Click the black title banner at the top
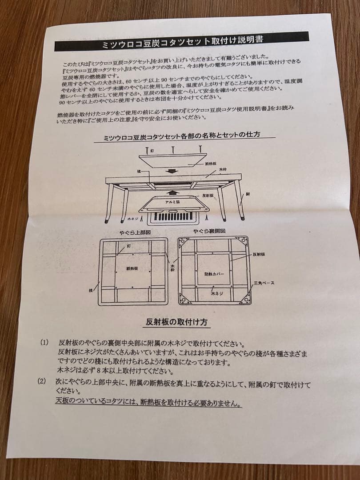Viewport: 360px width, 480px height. click(182, 42)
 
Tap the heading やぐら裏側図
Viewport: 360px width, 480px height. click(209, 231)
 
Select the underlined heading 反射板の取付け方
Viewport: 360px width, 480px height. click(176, 321)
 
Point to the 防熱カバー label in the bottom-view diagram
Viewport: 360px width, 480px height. click(214, 274)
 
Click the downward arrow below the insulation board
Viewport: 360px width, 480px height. click(170, 172)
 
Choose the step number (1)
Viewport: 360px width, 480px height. click(44, 343)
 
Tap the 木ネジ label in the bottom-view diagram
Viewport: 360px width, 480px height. click(216, 294)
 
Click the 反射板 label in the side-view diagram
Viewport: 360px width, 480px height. click(208, 195)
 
